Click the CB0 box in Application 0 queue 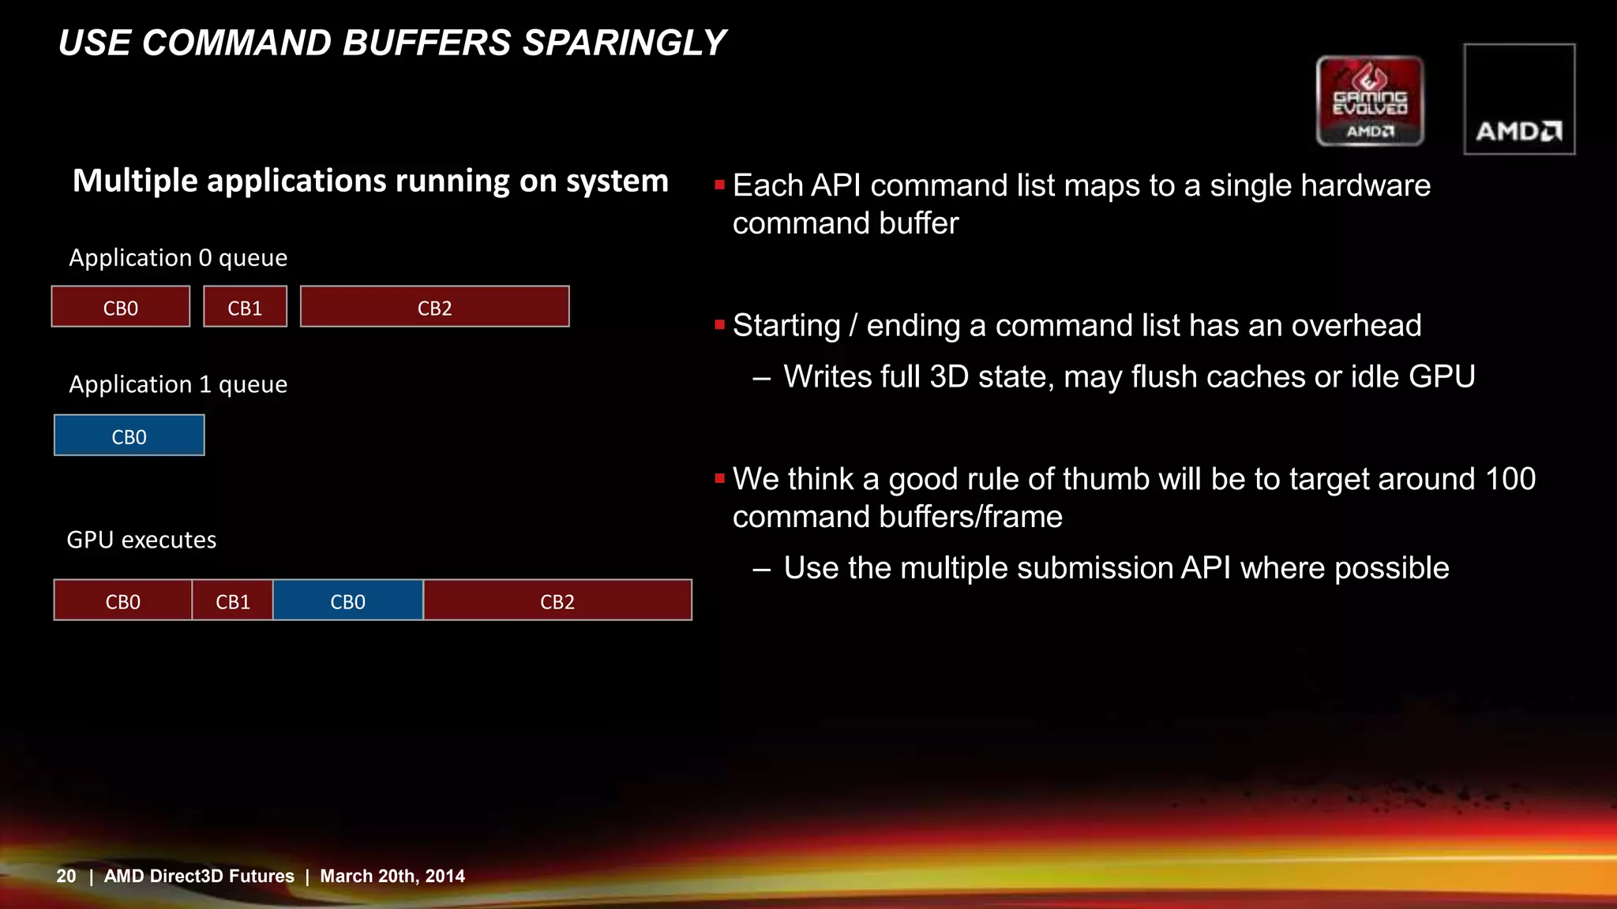pos(121,307)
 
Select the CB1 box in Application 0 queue pos(245,307)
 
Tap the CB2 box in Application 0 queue pos(434,307)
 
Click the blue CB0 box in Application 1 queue pos(129,436)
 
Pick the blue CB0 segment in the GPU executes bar pos(347,600)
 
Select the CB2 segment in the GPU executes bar pos(557,600)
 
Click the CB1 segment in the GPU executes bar pos(233,600)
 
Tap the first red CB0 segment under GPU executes pos(122,600)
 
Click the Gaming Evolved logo pos(1370,101)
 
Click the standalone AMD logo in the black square pos(1519,99)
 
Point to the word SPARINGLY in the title pos(624,43)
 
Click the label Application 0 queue pos(178,258)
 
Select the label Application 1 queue pos(178,384)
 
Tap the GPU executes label pos(141,540)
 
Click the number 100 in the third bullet pos(1510,479)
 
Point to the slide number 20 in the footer pos(66,876)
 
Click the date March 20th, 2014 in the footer pos(392,876)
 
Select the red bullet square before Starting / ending pos(719,324)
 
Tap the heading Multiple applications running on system pos(370,181)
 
